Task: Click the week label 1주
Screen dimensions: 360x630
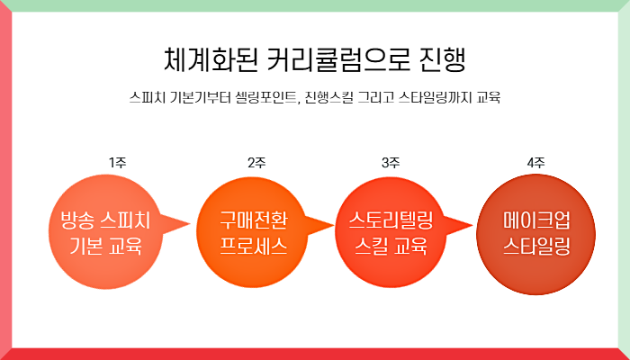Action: point(117,163)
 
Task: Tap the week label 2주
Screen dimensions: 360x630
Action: point(256,163)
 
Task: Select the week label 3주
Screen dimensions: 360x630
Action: point(391,163)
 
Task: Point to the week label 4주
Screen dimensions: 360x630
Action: point(536,163)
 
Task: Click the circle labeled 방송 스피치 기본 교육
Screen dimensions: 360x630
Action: point(104,231)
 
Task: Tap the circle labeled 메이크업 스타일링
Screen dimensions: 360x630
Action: point(536,231)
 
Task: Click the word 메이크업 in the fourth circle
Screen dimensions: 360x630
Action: point(536,219)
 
